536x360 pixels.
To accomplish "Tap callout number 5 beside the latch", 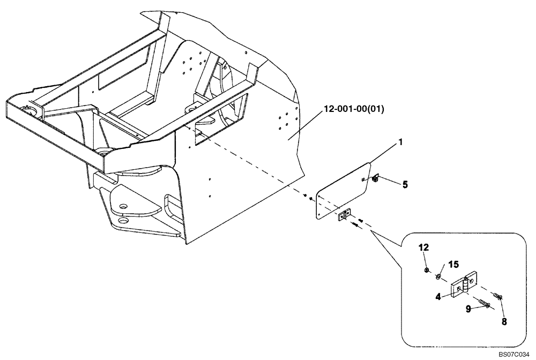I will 405,185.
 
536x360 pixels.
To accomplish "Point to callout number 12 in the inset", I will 424,248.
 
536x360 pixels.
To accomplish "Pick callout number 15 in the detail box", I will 453,265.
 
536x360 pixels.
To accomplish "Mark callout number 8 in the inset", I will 504,322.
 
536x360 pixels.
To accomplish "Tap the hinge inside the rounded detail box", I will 464,284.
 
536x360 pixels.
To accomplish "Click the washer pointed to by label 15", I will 438,276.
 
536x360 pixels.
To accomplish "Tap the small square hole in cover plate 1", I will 363,180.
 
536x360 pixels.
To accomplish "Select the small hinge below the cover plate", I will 343,215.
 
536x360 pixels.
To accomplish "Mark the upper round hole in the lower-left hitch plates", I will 123,206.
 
